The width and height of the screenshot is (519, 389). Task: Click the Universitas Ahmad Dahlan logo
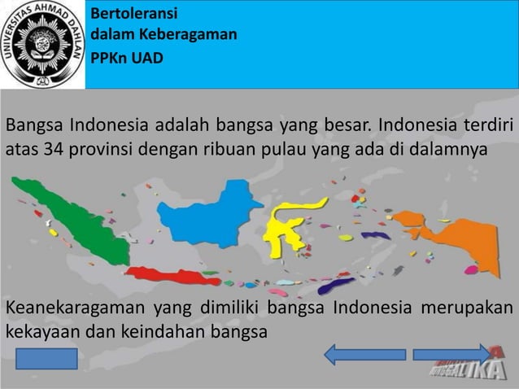pos(42,44)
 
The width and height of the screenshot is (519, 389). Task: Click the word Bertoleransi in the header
pos(133,14)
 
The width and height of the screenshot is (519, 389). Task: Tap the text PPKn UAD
pos(127,58)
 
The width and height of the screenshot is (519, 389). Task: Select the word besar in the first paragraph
pos(347,127)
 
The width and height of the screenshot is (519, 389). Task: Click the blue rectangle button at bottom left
pos(46,359)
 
